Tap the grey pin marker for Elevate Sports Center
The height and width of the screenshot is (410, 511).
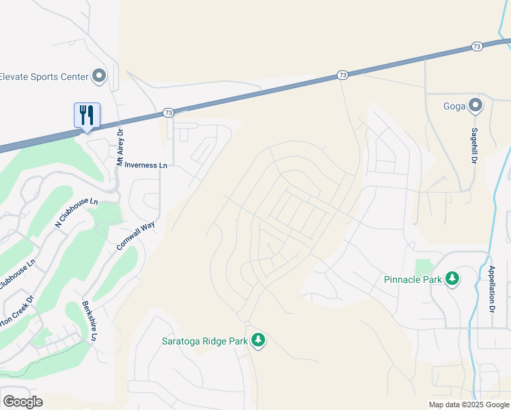(x=100, y=76)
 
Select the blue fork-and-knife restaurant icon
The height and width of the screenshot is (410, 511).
(x=87, y=114)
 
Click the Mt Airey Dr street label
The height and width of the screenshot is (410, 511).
(x=120, y=148)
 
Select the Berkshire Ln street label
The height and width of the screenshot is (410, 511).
(x=88, y=320)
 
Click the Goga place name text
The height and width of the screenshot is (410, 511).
(x=454, y=106)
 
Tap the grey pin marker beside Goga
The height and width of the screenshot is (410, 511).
(x=475, y=106)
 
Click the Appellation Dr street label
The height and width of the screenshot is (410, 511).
(x=491, y=289)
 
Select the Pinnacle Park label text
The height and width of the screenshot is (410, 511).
(x=412, y=279)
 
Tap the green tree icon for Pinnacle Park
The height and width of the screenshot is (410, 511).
(x=452, y=279)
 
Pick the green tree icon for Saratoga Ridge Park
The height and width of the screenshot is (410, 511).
(x=258, y=340)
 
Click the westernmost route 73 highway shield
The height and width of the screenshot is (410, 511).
(x=169, y=112)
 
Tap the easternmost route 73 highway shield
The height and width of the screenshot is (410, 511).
(x=477, y=46)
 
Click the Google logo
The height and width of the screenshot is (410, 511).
(x=23, y=401)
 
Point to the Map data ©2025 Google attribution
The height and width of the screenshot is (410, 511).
(x=468, y=404)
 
